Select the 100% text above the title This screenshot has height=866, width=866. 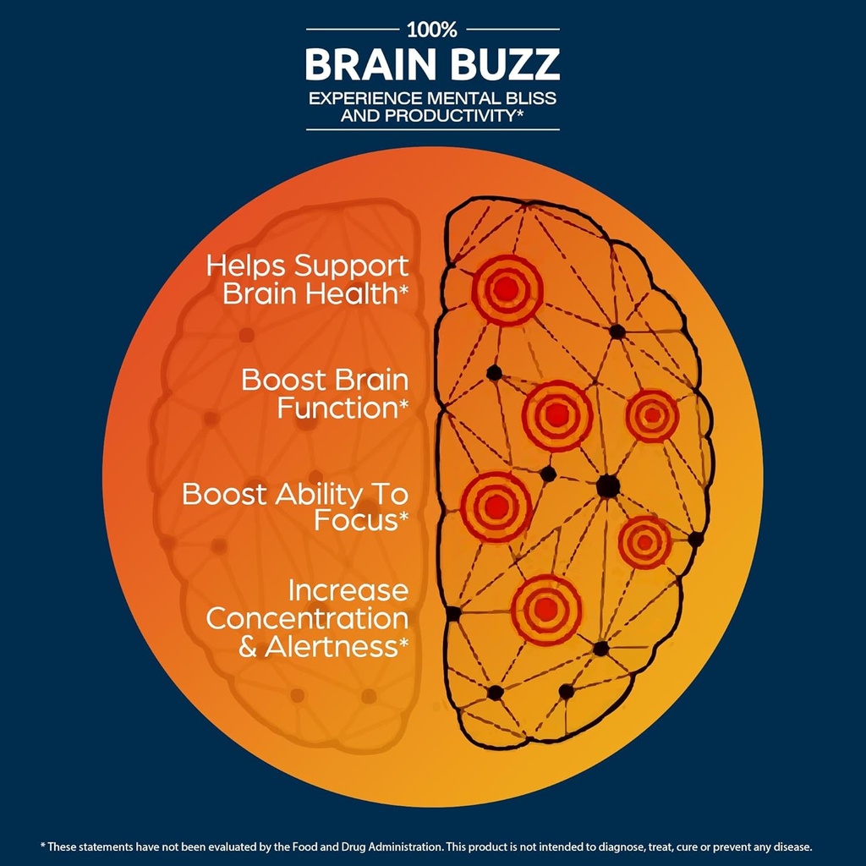pos(432,30)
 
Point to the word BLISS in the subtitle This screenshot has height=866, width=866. pos(529,97)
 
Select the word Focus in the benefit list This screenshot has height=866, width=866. pos(356,521)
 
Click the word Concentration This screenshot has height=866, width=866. pos(307,618)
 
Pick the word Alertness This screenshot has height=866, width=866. pos(332,647)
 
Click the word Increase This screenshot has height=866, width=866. pos(348,589)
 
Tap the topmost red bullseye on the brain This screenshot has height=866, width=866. pos(505,289)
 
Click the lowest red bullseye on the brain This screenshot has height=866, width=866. pos(546,609)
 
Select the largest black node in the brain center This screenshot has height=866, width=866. pos(607,486)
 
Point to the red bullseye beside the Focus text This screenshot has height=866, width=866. pos(496,507)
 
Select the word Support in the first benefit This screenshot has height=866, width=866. pos(351,266)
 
